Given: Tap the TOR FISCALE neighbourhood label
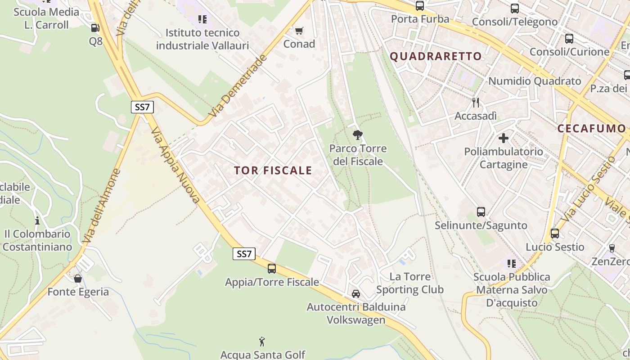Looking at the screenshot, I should [273, 170].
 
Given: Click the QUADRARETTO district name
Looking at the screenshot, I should [436, 56].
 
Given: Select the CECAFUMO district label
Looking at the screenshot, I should [591, 128].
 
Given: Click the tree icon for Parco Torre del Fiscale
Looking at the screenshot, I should [358, 135].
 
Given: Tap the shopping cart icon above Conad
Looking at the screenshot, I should [299, 31].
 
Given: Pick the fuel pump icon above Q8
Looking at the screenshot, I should [95, 28].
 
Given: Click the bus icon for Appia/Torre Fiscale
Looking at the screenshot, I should [272, 269].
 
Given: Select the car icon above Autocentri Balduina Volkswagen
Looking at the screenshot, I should [355, 294].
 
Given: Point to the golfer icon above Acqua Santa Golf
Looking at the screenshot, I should [262, 342].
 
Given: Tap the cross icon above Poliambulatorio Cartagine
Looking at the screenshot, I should [503, 138].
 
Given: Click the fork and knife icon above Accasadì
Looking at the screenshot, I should [476, 103].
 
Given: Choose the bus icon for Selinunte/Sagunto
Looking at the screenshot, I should [481, 211].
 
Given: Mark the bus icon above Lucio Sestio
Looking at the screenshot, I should [554, 234].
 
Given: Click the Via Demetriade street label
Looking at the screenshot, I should [238, 86].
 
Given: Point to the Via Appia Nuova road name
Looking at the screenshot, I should [175, 165].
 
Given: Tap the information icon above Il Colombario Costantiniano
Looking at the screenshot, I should [37, 220].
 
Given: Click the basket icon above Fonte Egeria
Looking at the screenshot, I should [78, 279].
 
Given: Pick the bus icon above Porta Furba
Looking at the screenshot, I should [419, 6].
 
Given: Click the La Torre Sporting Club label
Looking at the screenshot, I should [410, 283].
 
